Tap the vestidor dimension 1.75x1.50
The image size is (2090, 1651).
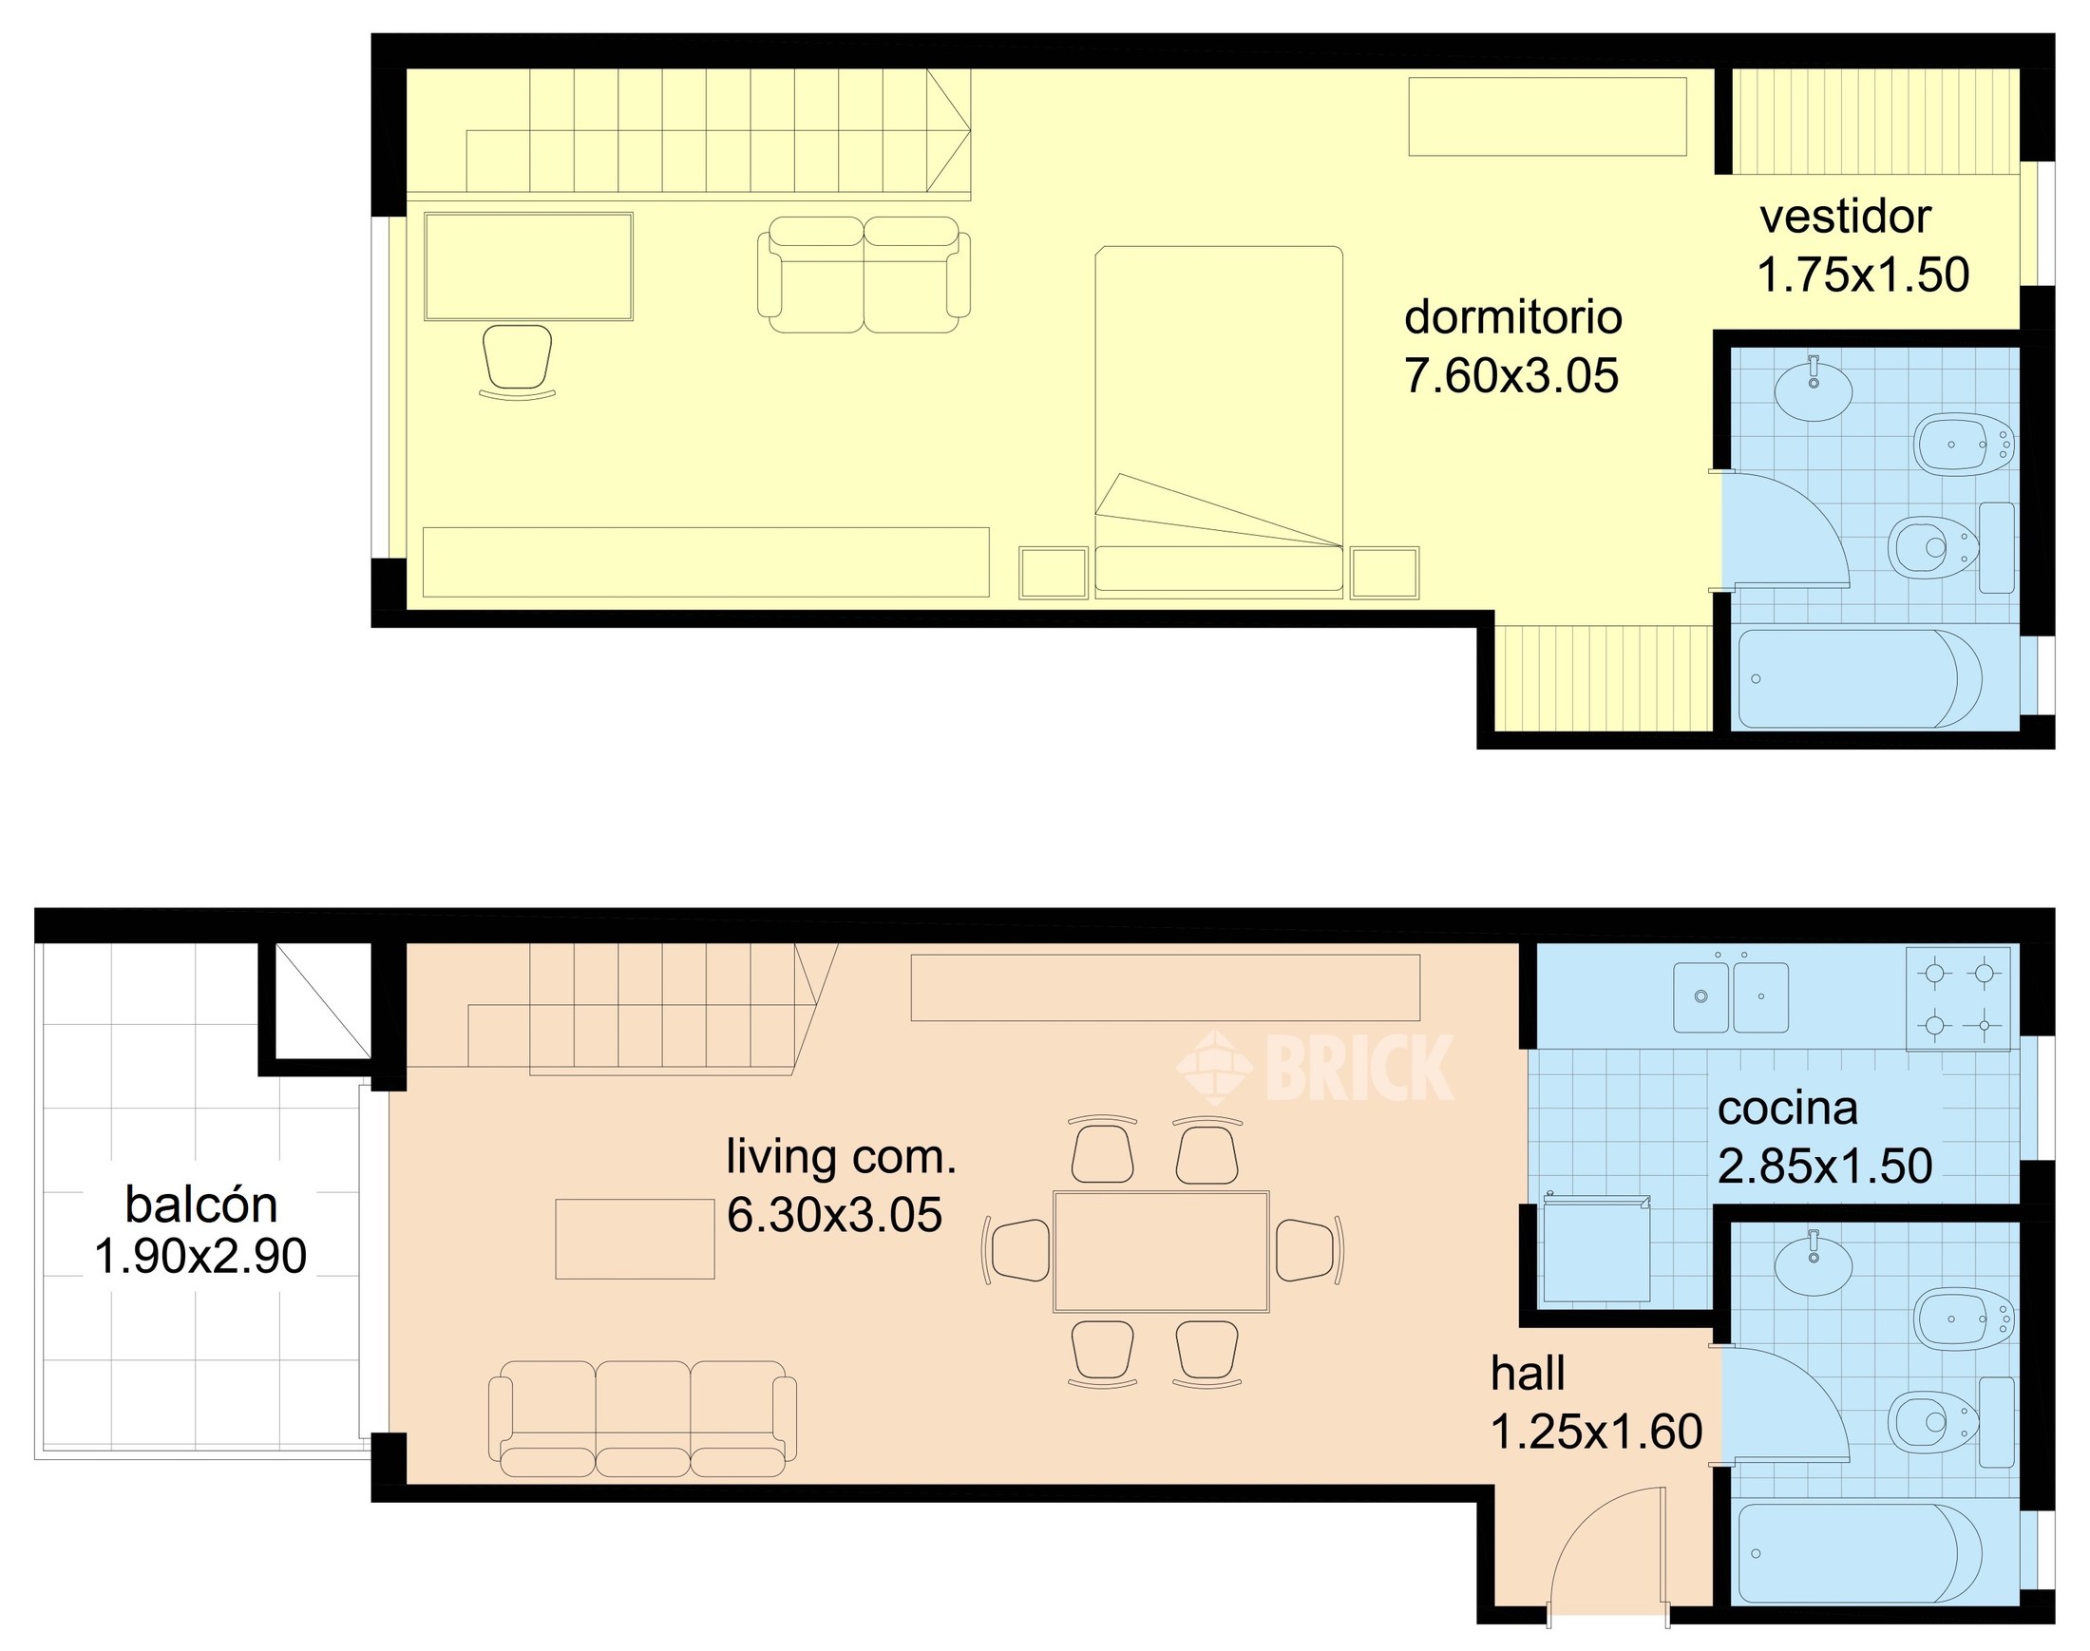point(1862,275)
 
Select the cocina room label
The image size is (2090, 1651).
point(1786,1109)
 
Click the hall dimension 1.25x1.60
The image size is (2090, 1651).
point(1596,1432)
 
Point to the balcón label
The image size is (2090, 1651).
point(201,1205)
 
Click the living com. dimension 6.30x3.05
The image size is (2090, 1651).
point(834,1215)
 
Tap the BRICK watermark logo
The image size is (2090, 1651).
point(1316,1067)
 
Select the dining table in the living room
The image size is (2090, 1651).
point(1160,1251)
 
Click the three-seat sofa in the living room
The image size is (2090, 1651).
point(642,1418)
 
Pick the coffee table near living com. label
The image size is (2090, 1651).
point(635,1239)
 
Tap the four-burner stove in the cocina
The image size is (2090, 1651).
point(1959,998)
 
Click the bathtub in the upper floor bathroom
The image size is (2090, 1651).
point(1859,678)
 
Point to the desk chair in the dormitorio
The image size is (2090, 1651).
point(517,359)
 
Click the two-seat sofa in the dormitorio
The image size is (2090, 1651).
point(864,275)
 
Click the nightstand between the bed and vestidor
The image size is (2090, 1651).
point(1383,572)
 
